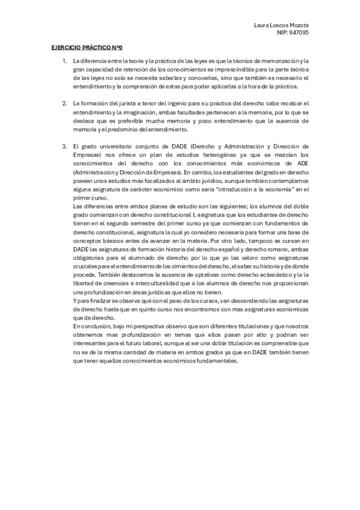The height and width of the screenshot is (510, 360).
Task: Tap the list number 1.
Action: [64, 61]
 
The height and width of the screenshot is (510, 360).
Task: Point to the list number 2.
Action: [64, 103]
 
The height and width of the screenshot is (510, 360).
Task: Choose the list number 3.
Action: [64, 146]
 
